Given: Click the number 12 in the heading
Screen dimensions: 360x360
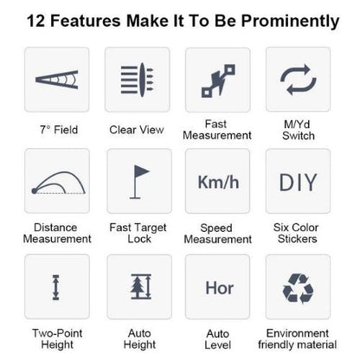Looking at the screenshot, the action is [x=36, y=21].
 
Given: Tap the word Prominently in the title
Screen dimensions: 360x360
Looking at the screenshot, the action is [x=290, y=22].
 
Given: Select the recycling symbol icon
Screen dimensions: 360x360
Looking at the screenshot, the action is [x=298, y=288].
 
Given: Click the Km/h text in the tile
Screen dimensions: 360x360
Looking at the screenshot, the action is [x=218, y=183].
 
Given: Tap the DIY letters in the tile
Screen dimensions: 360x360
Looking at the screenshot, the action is [x=299, y=183].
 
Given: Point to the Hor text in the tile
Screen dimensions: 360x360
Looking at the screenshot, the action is [x=219, y=288].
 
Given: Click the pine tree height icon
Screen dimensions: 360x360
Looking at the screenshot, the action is [x=141, y=286].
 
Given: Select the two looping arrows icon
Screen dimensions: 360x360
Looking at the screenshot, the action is [x=299, y=80].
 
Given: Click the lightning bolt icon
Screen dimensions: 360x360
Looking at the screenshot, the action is [x=218, y=80].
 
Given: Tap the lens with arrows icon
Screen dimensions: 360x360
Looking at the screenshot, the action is [x=137, y=80].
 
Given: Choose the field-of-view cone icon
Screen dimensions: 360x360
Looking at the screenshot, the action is [x=57, y=80].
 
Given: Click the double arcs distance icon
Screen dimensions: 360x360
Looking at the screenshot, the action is [x=58, y=183].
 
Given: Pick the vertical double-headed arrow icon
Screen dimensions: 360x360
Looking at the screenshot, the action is [x=55, y=287].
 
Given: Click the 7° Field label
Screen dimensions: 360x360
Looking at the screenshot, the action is [x=59, y=130].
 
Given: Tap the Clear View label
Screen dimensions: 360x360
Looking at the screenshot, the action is [x=137, y=130].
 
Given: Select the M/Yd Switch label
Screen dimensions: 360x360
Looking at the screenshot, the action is [x=299, y=130].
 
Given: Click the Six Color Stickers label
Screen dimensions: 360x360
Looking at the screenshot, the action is [x=297, y=233].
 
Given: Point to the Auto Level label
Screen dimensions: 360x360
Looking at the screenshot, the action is [x=218, y=339].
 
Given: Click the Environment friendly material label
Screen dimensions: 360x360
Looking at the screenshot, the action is [x=298, y=339].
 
